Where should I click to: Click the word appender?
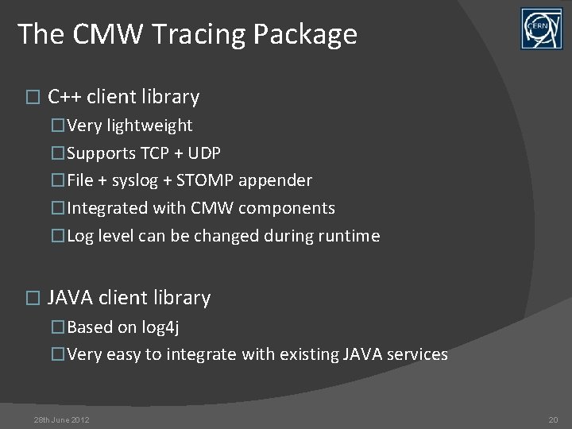click(x=280, y=180)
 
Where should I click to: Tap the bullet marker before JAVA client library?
click(x=32, y=299)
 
